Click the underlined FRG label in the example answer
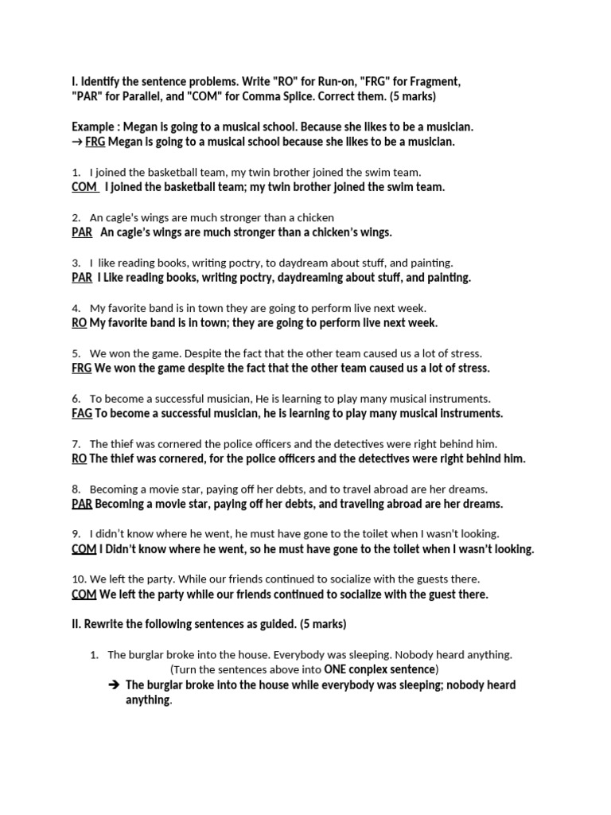point(95,142)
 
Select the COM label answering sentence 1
point(84,187)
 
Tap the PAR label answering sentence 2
point(82,232)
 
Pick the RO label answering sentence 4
point(79,323)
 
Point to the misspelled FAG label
point(82,413)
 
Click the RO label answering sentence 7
point(79,458)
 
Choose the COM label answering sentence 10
point(84,595)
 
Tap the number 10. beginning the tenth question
point(80,579)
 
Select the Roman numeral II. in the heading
point(76,625)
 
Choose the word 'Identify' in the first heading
point(103,81)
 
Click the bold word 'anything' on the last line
point(148,700)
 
